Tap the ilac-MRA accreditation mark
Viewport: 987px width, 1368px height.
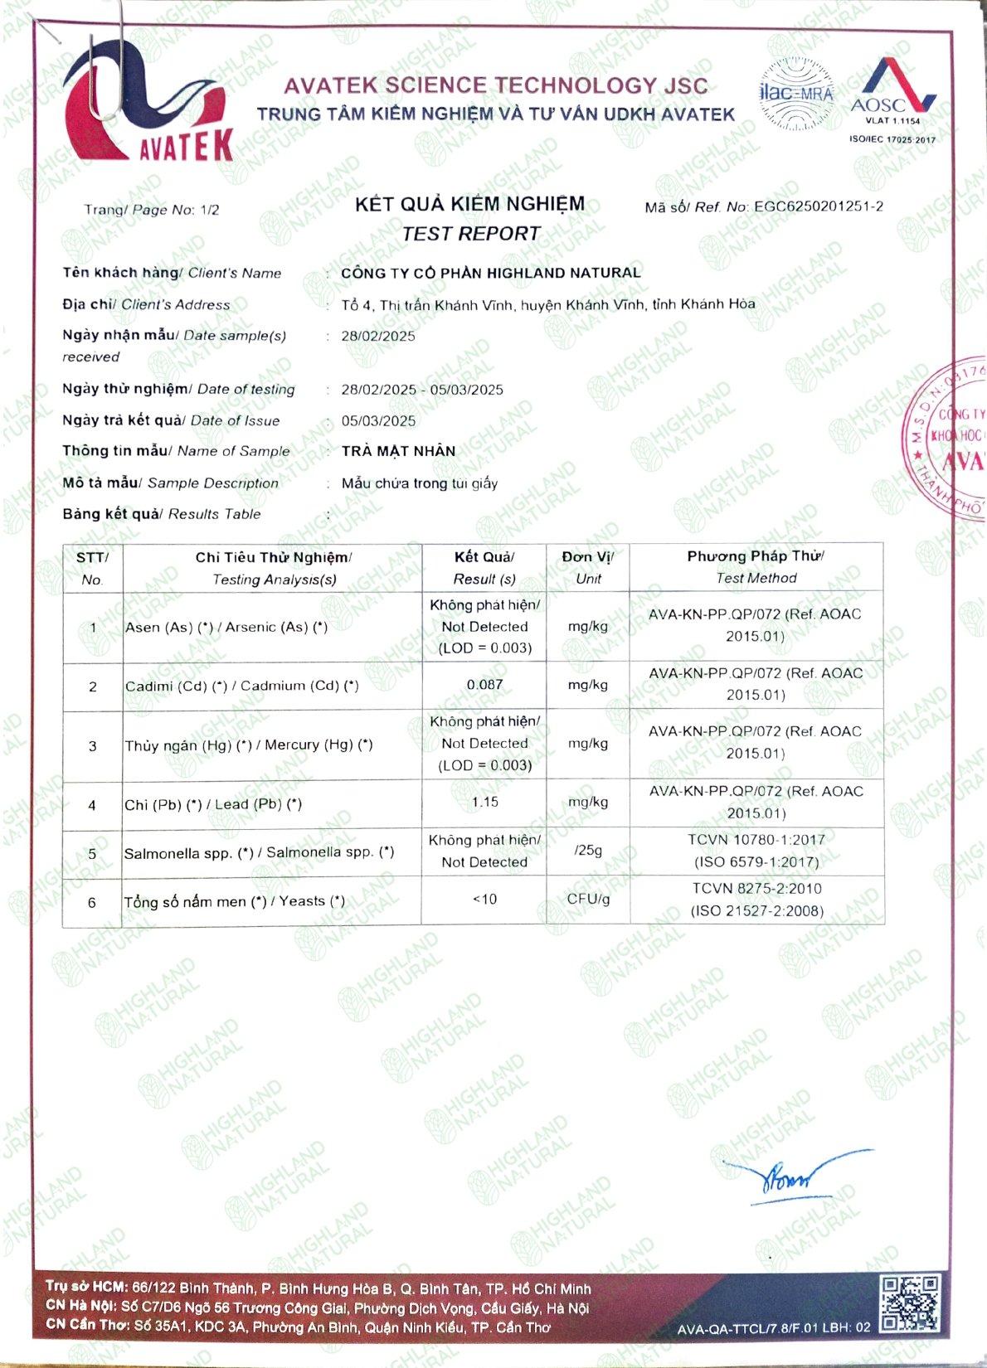[x=796, y=94]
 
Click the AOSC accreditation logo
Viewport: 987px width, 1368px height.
[x=892, y=91]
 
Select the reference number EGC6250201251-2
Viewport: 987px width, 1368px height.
[x=818, y=206]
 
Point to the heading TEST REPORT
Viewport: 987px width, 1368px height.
[x=470, y=235]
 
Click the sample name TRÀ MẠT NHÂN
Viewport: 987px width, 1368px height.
[x=398, y=451]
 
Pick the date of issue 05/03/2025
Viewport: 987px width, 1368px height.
[x=378, y=421]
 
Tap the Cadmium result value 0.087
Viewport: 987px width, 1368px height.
[x=484, y=685]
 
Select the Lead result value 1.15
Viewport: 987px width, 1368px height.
[x=484, y=803]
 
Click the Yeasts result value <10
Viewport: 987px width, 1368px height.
[x=484, y=900]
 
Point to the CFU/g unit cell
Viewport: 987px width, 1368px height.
[x=588, y=900]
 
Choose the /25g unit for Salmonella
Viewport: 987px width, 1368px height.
[x=588, y=851]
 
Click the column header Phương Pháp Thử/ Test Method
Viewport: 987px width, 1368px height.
[x=756, y=567]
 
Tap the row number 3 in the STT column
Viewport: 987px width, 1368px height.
[x=92, y=746]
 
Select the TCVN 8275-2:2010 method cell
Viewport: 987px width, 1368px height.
[x=756, y=900]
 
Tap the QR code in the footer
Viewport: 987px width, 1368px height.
[x=910, y=1303]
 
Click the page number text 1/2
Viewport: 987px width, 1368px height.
[x=209, y=210]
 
